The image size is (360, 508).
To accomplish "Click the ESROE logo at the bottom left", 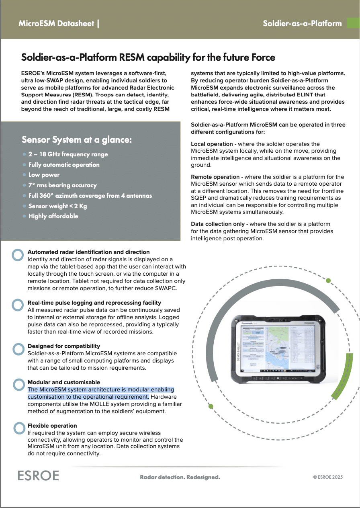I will tap(38, 475).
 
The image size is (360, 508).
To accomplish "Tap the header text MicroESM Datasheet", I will tap(56, 23).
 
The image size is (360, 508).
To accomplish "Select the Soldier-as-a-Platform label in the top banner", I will tap(302, 23).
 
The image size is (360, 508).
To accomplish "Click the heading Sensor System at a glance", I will tap(77, 140).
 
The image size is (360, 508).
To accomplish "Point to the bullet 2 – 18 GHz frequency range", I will tap(68, 154).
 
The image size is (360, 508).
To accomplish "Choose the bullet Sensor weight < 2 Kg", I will tap(57, 206).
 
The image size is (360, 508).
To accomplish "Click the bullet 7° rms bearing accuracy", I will tap(62, 185).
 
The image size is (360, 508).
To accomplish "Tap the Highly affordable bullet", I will tap(53, 216).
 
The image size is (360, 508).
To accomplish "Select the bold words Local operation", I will tap(212, 144).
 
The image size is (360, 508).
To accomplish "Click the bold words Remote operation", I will tap(215, 177).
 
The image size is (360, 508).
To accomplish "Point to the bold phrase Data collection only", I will tap(217, 224).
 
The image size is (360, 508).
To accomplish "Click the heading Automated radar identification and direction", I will tap(88, 252).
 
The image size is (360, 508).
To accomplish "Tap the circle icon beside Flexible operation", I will tap(18, 428).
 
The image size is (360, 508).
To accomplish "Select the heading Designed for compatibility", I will tap(63, 346).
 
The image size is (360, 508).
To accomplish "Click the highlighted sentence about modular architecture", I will tap(100, 393).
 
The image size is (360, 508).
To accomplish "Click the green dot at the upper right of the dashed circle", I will tap(328, 281).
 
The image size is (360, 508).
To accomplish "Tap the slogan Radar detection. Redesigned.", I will tap(180, 477).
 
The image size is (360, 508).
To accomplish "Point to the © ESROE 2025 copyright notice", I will tap(328, 477).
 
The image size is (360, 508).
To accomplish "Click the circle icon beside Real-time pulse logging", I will tap(18, 305).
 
